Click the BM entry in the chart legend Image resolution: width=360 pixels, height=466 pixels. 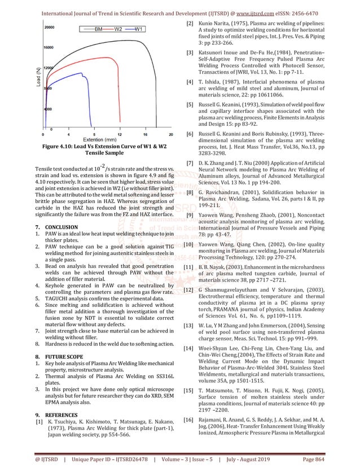coord(98,28)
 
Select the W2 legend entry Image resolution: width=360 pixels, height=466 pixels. coord(118,28)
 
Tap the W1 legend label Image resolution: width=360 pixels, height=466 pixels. coord(139,28)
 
